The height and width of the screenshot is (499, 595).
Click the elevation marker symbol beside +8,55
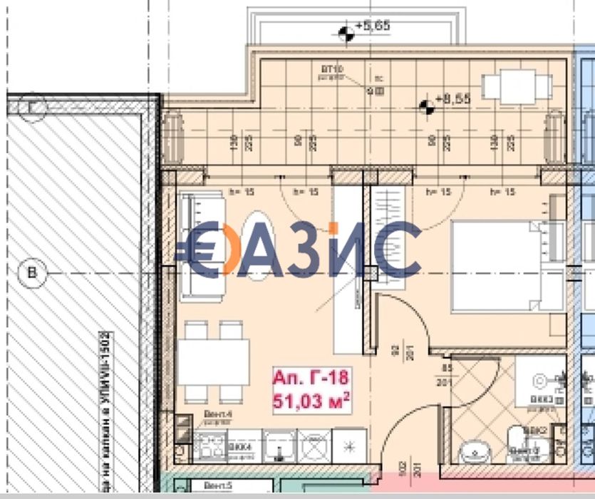(x=426, y=107)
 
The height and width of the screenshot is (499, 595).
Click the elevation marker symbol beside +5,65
(x=346, y=33)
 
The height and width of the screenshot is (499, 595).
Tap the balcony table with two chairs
(x=517, y=87)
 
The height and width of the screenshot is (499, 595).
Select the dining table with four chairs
(x=213, y=361)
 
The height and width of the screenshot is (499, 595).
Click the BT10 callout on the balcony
(x=332, y=69)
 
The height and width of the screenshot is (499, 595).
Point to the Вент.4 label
(x=213, y=421)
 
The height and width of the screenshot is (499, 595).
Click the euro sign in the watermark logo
(x=202, y=249)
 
